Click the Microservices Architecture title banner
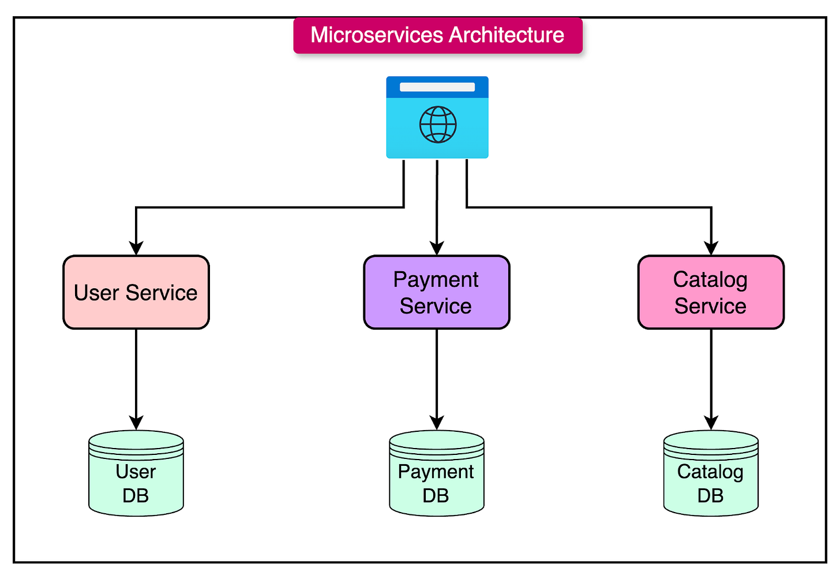point(438,35)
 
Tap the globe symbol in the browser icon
point(438,124)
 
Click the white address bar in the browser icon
point(437,87)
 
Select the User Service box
point(136,292)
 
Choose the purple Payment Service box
point(437,292)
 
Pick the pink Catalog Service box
point(711,292)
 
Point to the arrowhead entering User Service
point(136,248)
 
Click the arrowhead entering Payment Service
point(437,248)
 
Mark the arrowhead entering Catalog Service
point(711,248)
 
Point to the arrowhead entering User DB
point(136,423)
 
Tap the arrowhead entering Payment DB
point(437,423)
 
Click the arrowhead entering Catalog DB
point(711,423)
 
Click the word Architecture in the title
point(506,35)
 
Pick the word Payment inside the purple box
point(436,280)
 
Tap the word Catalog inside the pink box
point(710,280)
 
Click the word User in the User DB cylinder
point(136,472)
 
